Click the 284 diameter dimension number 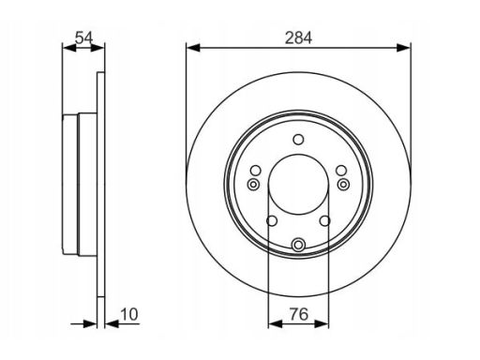(298, 37)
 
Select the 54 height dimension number (84, 37)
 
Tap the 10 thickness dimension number (128, 314)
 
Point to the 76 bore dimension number (299, 314)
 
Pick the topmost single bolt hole (298, 140)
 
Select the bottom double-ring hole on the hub (298, 245)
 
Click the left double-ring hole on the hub (253, 185)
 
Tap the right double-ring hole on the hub (344, 185)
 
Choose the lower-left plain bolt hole (272, 221)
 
